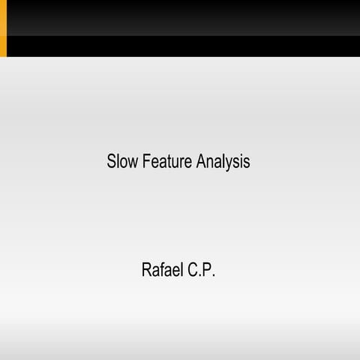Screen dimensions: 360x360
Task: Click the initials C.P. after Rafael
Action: coord(202,270)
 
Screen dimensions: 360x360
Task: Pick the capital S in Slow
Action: coord(112,161)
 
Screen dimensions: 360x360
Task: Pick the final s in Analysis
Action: coord(247,162)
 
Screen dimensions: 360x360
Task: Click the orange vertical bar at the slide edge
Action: coord(3,28)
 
